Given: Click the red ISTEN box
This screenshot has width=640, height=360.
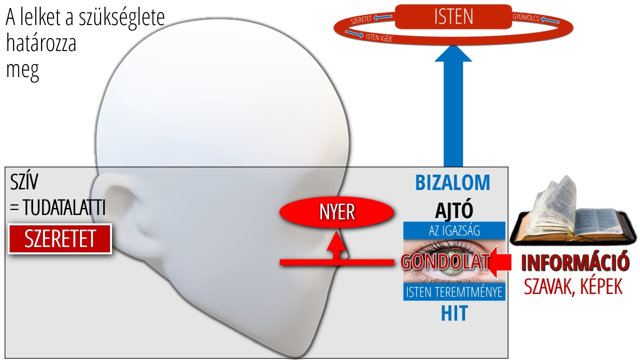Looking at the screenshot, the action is (453, 16).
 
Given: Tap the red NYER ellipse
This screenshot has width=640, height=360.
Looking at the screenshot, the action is (337, 212).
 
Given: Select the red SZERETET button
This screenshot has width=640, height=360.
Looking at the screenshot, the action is (60, 239).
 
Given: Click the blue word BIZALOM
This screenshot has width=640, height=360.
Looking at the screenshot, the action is (452, 183).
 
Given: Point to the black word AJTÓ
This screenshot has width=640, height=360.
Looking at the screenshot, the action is (454, 210).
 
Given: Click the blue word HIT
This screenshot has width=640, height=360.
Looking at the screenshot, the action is (454, 313).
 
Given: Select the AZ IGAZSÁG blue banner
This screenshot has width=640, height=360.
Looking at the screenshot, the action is (454, 230).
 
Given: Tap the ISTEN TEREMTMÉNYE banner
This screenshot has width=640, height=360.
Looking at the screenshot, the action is (454, 292).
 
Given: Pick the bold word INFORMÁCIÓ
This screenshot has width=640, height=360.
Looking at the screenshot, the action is (575, 261).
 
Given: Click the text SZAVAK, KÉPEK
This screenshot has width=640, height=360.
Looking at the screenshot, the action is (573, 286).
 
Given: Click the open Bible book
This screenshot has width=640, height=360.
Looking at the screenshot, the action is (573, 213).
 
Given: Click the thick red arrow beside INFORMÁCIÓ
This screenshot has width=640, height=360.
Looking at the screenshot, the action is (500, 262).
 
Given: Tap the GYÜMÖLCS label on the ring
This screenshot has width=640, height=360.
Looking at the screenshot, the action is (525, 17).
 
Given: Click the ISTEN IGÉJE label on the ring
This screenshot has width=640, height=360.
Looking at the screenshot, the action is (379, 37).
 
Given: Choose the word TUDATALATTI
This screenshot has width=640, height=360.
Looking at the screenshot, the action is (64, 207).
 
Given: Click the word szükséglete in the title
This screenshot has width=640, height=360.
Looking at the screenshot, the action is (121, 17).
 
